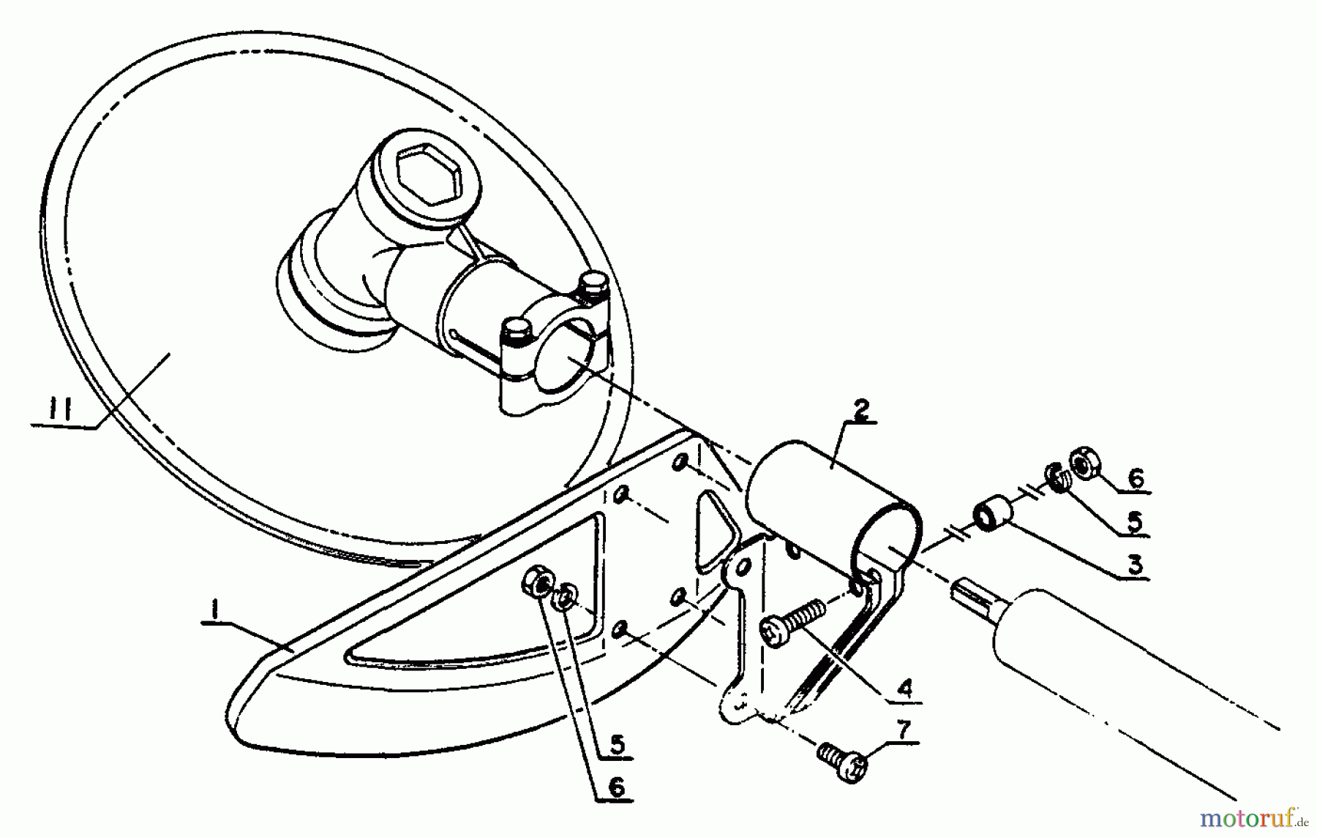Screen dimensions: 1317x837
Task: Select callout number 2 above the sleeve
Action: coord(860,410)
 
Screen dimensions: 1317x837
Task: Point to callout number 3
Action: coord(1134,564)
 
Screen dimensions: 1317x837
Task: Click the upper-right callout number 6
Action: coord(1135,479)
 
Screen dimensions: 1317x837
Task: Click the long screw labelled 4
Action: coord(791,621)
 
